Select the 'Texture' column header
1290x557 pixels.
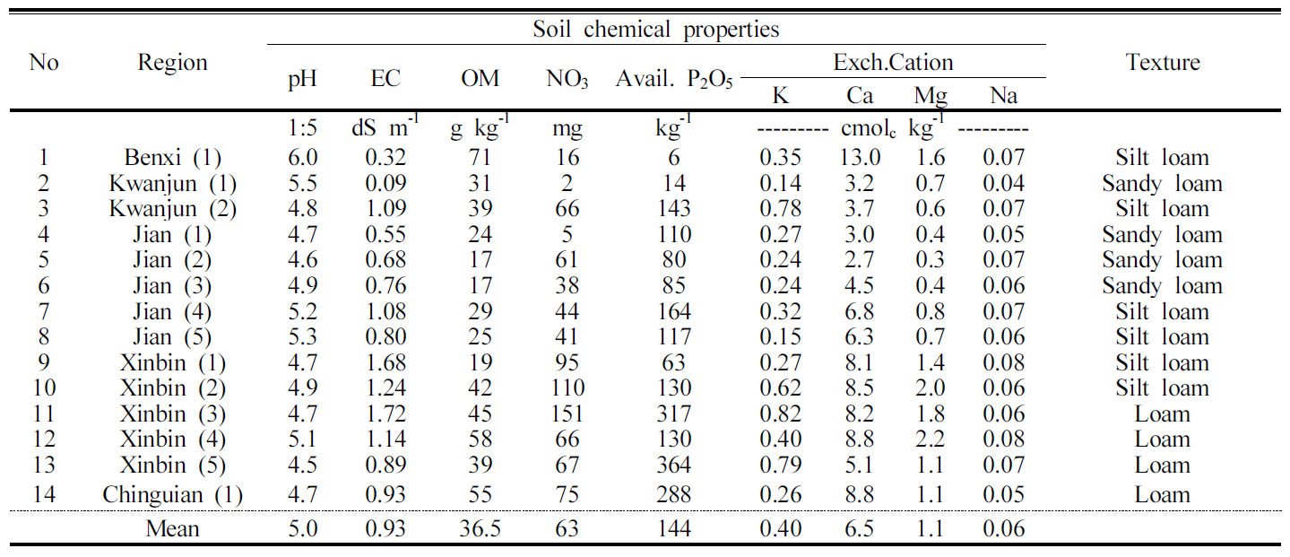[1162, 62]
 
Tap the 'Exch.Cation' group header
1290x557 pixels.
[893, 62]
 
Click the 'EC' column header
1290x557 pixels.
[385, 79]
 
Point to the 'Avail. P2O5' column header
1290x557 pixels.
[674, 79]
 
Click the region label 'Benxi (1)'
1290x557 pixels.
[172, 158]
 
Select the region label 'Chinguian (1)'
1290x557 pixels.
[172, 494]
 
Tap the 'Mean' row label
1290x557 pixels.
[172, 529]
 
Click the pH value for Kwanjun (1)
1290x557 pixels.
[302, 184]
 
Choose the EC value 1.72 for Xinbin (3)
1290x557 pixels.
[385, 414]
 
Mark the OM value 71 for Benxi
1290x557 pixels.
[480, 158]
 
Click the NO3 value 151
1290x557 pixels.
[567, 414]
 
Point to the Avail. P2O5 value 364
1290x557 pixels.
[673, 466]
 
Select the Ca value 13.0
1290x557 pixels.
[860, 158]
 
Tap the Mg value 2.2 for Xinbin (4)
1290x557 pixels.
[930, 440]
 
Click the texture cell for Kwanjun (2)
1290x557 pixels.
[1162, 209]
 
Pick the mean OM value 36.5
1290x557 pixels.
[480, 529]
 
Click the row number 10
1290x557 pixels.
[43, 388]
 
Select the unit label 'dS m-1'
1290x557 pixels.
[385, 129]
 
